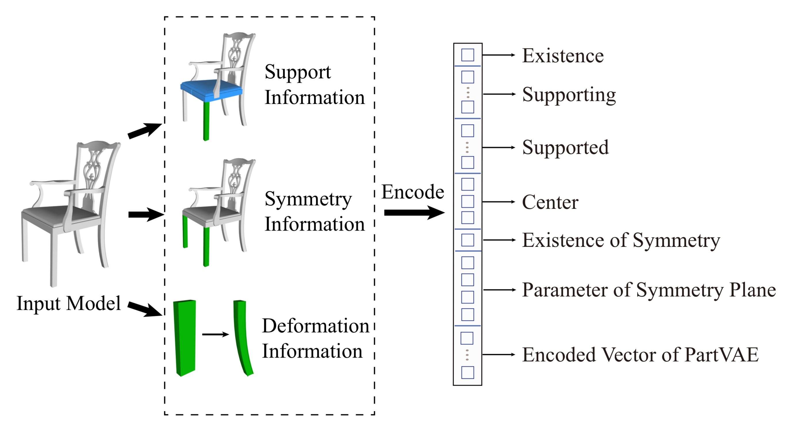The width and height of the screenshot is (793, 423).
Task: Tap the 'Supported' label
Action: [x=565, y=147]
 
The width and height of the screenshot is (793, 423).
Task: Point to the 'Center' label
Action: [x=550, y=202]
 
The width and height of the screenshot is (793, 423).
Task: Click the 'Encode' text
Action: [x=413, y=192]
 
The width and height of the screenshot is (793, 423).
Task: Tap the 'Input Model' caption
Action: [x=68, y=303]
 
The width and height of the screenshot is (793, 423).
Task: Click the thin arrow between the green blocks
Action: [x=215, y=334]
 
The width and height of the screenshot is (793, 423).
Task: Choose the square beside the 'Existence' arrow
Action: [x=467, y=55]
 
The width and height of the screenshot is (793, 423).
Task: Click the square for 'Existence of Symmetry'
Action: [x=467, y=240]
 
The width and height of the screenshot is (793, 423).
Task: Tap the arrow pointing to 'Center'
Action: [x=498, y=202]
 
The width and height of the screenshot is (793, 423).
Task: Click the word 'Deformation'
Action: [x=315, y=326]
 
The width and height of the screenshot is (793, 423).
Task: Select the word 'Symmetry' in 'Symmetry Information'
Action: [x=308, y=199]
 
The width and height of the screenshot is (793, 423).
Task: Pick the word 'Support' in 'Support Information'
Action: [x=297, y=72]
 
